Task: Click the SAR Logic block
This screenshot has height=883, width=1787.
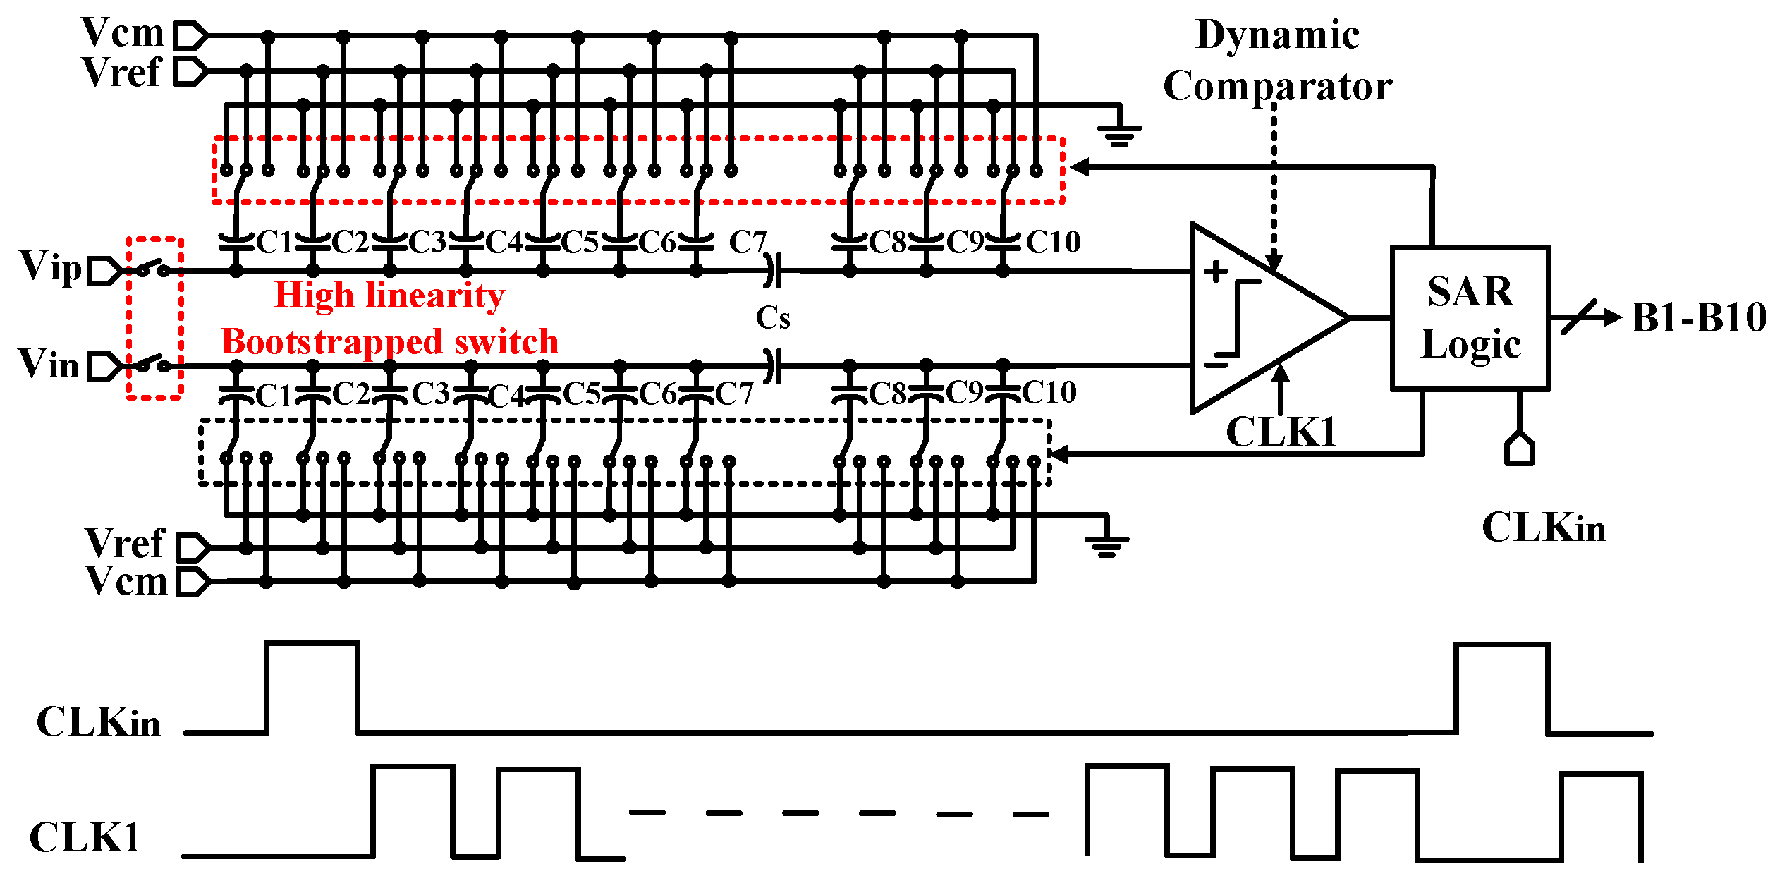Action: (x=1470, y=317)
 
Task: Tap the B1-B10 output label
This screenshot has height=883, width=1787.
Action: (x=1698, y=317)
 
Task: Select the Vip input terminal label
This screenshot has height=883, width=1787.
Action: (x=51, y=267)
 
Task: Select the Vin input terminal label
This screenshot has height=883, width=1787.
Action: (x=48, y=364)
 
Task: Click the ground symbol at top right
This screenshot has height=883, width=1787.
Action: (x=1119, y=134)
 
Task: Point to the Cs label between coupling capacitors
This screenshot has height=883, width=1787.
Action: (x=773, y=318)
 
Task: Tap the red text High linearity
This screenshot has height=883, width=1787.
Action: (x=389, y=295)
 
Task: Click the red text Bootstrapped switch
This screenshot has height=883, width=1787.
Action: (x=389, y=342)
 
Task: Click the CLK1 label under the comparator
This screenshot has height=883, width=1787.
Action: (x=1281, y=432)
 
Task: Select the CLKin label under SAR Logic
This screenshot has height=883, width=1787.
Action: (x=1543, y=528)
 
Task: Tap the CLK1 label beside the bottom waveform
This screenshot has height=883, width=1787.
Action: (x=85, y=838)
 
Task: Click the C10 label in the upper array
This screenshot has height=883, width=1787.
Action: (x=1053, y=243)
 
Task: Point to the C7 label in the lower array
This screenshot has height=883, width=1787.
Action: (x=734, y=394)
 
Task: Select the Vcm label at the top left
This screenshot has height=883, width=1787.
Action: (x=122, y=32)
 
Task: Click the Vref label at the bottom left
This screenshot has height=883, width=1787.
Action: (x=125, y=544)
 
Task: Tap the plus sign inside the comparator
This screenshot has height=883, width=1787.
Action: (x=1215, y=271)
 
